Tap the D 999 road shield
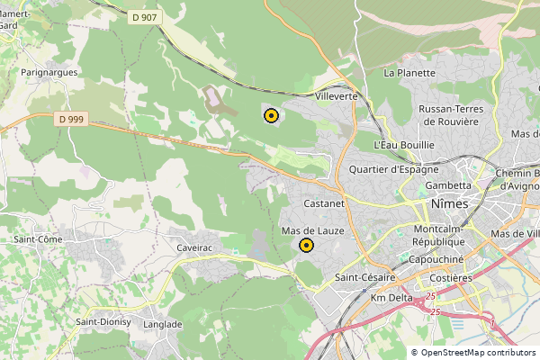[71, 119]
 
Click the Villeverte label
[337, 95]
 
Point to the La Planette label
[409, 72]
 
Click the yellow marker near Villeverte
[271, 115]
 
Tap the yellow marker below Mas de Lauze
[306, 245]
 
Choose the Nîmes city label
[450, 203]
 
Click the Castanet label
[325, 204]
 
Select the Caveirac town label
[193, 247]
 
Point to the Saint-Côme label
[38, 239]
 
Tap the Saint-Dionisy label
[103, 322]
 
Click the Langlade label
[163, 324]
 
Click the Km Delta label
[391, 298]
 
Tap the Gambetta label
[448, 185]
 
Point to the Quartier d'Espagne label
[393, 168]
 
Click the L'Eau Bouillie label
[404, 144]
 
